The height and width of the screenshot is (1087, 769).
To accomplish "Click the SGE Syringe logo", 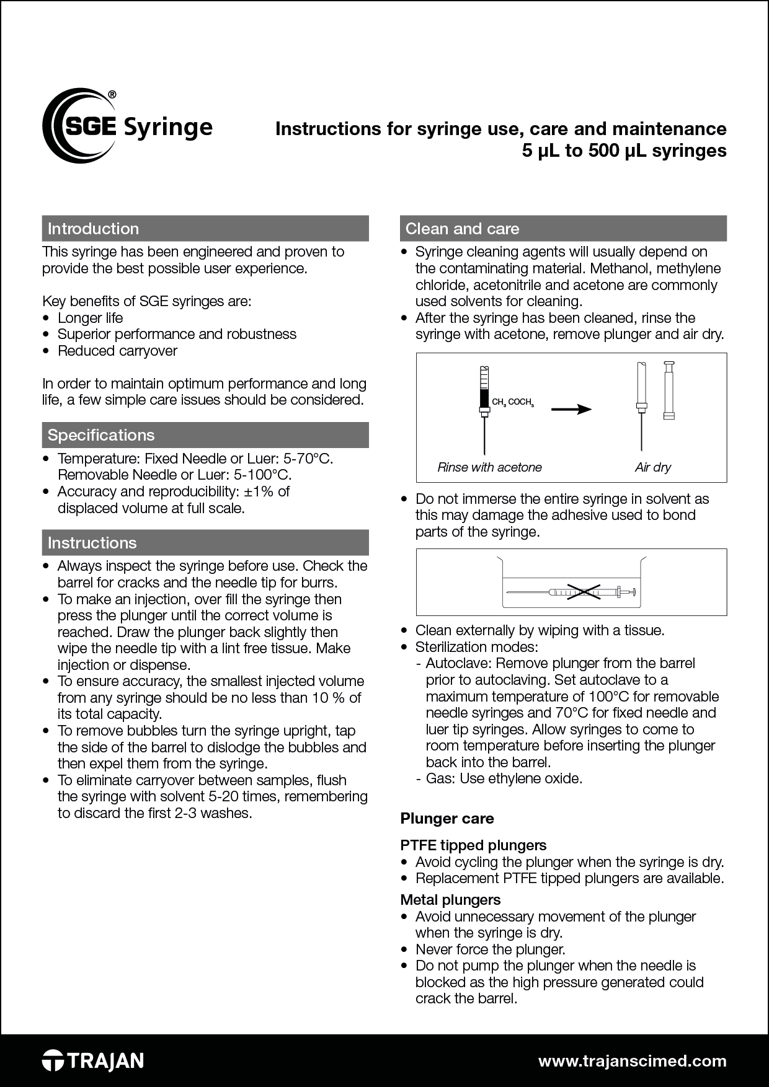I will click(x=127, y=126).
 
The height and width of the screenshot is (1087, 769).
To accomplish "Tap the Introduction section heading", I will click(x=93, y=229).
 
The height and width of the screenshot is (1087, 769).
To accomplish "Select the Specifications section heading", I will click(x=101, y=435).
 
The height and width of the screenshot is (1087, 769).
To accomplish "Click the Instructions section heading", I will click(x=92, y=543).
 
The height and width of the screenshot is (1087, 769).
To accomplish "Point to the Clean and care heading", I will click(x=462, y=229).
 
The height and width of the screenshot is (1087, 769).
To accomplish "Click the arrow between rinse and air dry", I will click(x=571, y=409).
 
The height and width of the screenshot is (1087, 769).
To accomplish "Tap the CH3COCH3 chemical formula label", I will click(x=512, y=402).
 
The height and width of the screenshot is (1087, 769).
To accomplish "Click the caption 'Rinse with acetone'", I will click(x=489, y=467).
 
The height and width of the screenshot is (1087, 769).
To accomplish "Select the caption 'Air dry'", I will click(x=652, y=467).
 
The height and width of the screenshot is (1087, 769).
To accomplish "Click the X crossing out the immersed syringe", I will click(x=584, y=593).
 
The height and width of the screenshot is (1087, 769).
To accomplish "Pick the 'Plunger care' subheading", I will click(x=447, y=819).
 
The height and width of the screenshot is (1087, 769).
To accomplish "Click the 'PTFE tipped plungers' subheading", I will click(x=473, y=845).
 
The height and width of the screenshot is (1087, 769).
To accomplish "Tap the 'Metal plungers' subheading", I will click(x=450, y=900).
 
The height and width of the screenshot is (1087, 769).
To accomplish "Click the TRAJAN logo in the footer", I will click(x=93, y=1060).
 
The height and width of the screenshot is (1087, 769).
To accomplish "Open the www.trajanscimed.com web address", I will click(x=632, y=1060).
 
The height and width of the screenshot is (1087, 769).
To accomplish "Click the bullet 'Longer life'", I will click(x=91, y=318).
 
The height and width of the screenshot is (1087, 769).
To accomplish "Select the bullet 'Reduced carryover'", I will click(x=117, y=351).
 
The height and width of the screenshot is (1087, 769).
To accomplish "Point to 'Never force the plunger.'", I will click(x=490, y=949).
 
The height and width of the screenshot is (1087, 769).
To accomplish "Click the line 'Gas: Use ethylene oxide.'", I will click(x=504, y=778).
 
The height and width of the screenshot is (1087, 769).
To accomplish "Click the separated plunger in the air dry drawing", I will click(x=669, y=390).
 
